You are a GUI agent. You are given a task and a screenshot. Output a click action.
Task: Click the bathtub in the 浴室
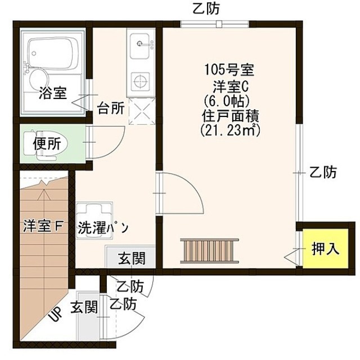(x=53, y=52)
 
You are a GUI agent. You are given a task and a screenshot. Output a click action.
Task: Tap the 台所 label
(x=111, y=108)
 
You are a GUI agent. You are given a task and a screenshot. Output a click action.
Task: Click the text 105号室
(x=229, y=71)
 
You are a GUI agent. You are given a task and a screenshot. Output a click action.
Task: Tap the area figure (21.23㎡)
(x=229, y=130)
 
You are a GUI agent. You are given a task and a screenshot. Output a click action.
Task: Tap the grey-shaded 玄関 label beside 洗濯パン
(x=132, y=258)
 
